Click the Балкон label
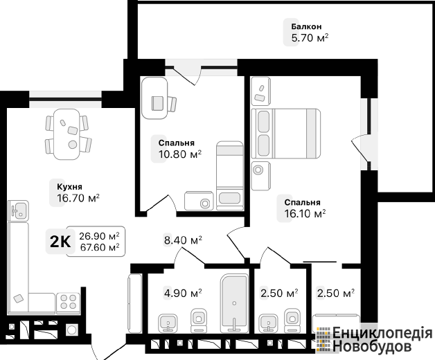(306, 26)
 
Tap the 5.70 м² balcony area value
(310, 37)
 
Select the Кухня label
(69, 187)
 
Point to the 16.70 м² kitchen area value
(78, 198)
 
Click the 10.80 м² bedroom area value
(180, 154)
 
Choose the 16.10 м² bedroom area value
(305, 213)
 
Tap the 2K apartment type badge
(60, 242)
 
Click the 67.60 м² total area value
(100, 246)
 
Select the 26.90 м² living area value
(99, 236)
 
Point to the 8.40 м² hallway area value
(183, 240)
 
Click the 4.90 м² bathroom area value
(183, 293)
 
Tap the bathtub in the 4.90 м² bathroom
(234, 303)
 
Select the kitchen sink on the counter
(18, 210)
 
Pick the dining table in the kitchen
(66, 134)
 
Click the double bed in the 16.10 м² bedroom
(286, 134)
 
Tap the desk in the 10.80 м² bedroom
(154, 98)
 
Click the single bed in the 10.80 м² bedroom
(230, 176)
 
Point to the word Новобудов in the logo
(372, 346)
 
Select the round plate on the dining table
(73, 144)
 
